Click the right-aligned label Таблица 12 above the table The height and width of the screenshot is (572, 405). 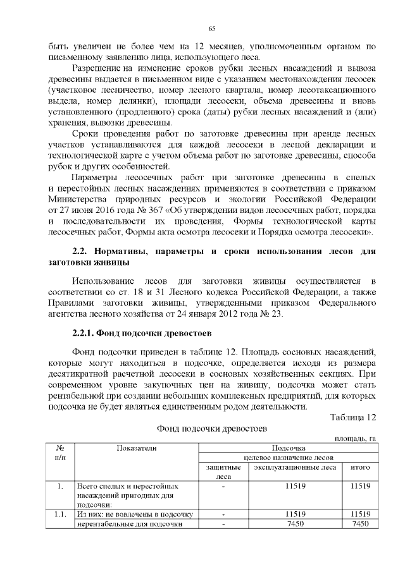(x=353, y=417)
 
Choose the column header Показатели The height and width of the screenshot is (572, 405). (x=136, y=447)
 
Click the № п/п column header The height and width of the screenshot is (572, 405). (x=59, y=452)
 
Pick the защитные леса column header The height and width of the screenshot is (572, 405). (x=223, y=472)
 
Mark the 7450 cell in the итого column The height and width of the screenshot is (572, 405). (x=360, y=523)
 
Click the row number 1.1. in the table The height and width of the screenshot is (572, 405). (x=60, y=514)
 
